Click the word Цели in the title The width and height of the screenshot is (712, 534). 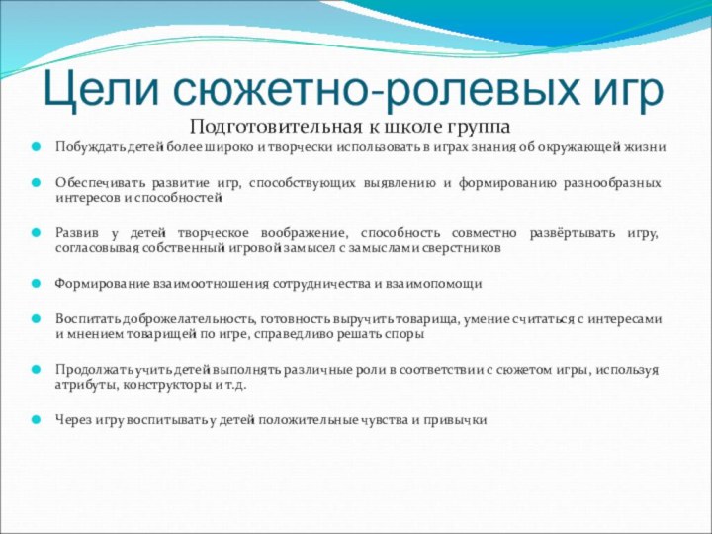pos(101,91)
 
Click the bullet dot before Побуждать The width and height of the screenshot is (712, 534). pos(36,147)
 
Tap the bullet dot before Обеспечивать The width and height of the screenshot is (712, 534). pos(36,185)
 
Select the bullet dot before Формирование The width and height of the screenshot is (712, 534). pos(36,284)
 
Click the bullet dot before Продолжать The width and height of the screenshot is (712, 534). pos(36,370)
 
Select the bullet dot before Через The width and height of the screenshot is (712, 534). pos(36,420)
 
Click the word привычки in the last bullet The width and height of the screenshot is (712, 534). pos(456,420)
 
